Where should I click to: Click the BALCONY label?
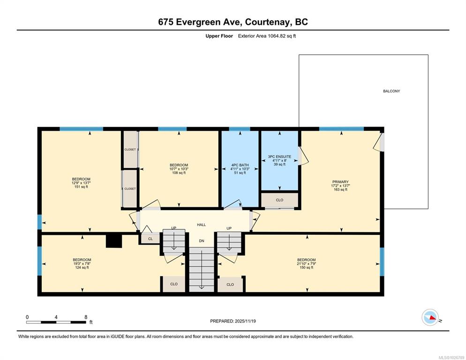click(391, 91)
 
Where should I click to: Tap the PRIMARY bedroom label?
click(340, 182)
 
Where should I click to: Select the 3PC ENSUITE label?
click(279, 157)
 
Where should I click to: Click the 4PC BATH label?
click(240, 165)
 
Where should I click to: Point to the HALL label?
click(201, 225)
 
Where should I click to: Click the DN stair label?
click(202, 241)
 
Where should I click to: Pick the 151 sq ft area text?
click(81, 187)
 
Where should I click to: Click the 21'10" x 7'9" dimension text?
click(307, 264)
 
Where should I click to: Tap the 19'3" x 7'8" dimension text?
click(82, 264)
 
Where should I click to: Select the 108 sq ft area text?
click(179, 172)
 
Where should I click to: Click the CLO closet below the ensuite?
click(280, 200)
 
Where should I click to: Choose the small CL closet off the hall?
click(150, 239)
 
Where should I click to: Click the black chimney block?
click(114, 241)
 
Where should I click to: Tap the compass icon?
click(430, 317)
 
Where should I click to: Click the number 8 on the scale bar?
click(86, 317)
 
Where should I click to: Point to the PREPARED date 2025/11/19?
click(245, 321)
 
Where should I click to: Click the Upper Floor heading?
click(219, 36)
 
